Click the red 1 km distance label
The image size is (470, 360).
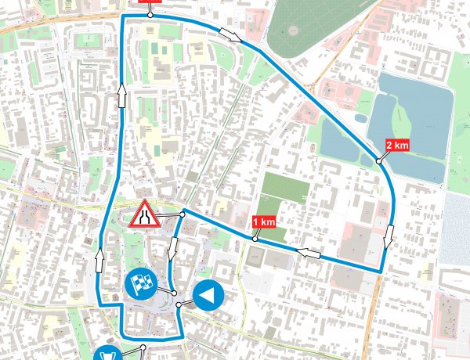[x=265, y=222]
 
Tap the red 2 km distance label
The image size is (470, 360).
[x=397, y=145]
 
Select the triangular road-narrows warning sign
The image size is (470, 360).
[x=143, y=214]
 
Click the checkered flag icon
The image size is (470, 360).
[x=141, y=285]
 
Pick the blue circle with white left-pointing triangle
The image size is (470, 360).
[x=208, y=296]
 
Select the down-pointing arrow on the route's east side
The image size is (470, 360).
[x=389, y=233]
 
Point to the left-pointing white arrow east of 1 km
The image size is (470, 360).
[x=308, y=253]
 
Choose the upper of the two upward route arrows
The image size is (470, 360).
[x=122, y=96]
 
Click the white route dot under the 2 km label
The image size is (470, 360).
[x=378, y=160]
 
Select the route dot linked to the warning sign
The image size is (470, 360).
[x=183, y=213]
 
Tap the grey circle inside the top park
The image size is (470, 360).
[x=293, y=30]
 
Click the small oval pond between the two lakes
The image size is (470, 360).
[x=360, y=118]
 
